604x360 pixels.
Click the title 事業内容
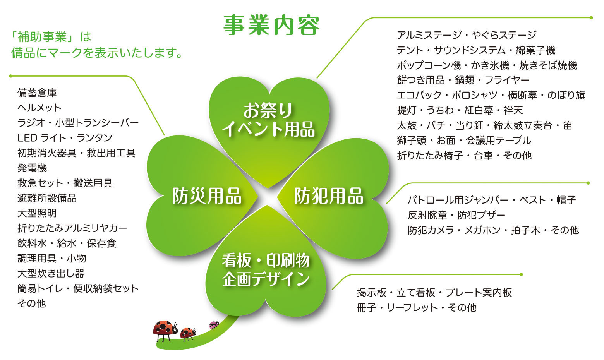point(271,26)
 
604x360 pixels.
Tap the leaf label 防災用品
point(207,196)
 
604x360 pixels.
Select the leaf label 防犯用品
point(329,196)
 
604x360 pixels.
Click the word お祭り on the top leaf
point(268,110)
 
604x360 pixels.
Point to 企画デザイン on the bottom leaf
point(266,279)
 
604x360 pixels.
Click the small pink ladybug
point(214,325)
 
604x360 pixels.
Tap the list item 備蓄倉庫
point(37,93)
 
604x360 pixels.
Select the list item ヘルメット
point(39,108)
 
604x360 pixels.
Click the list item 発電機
point(32,168)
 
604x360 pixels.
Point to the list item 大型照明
point(37,213)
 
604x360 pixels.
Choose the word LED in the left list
point(27,138)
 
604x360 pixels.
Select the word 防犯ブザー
point(481,215)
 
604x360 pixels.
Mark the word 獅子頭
point(412,140)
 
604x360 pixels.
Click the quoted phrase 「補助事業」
point(42,37)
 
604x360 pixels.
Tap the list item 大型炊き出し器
point(51,273)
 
